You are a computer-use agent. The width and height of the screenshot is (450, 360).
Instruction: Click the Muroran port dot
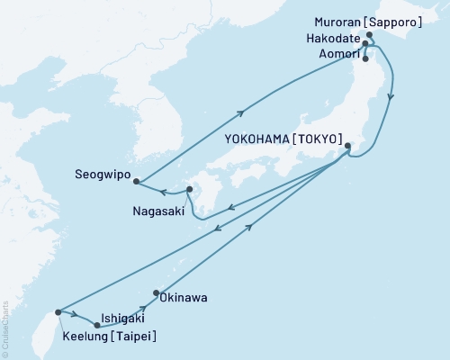[x=369, y=35]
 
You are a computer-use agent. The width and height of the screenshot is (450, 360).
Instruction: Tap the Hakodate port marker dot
[x=364, y=42]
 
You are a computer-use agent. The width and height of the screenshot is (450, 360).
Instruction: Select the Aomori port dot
[x=364, y=59]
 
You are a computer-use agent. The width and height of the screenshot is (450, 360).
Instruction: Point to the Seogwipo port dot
[x=136, y=181]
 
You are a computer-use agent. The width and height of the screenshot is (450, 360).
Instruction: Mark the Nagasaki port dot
[x=189, y=189]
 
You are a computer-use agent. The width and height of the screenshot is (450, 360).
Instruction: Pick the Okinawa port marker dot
[x=157, y=292]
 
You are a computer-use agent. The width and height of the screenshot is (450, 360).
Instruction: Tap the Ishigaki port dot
[x=97, y=325]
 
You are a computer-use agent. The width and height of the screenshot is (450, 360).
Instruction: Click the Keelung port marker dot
[x=58, y=312]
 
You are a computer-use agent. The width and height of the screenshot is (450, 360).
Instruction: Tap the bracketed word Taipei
[x=131, y=337]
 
